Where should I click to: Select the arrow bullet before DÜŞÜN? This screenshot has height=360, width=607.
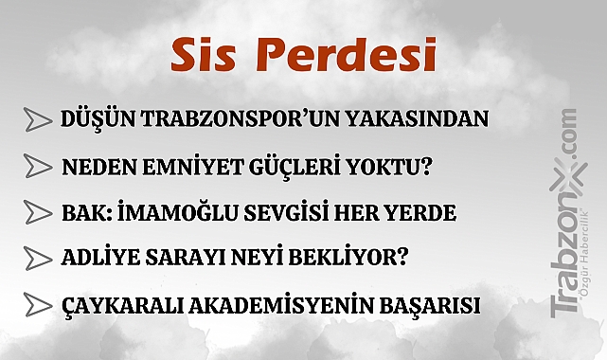click(38, 119)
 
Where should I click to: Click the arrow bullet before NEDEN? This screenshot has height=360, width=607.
click(38, 167)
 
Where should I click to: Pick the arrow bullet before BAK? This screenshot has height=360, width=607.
click(38, 213)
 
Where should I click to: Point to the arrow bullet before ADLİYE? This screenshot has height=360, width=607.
click(38, 258)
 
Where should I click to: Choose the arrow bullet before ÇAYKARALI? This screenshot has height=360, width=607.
click(38, 305)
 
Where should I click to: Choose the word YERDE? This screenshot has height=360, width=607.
click(420, 213)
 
